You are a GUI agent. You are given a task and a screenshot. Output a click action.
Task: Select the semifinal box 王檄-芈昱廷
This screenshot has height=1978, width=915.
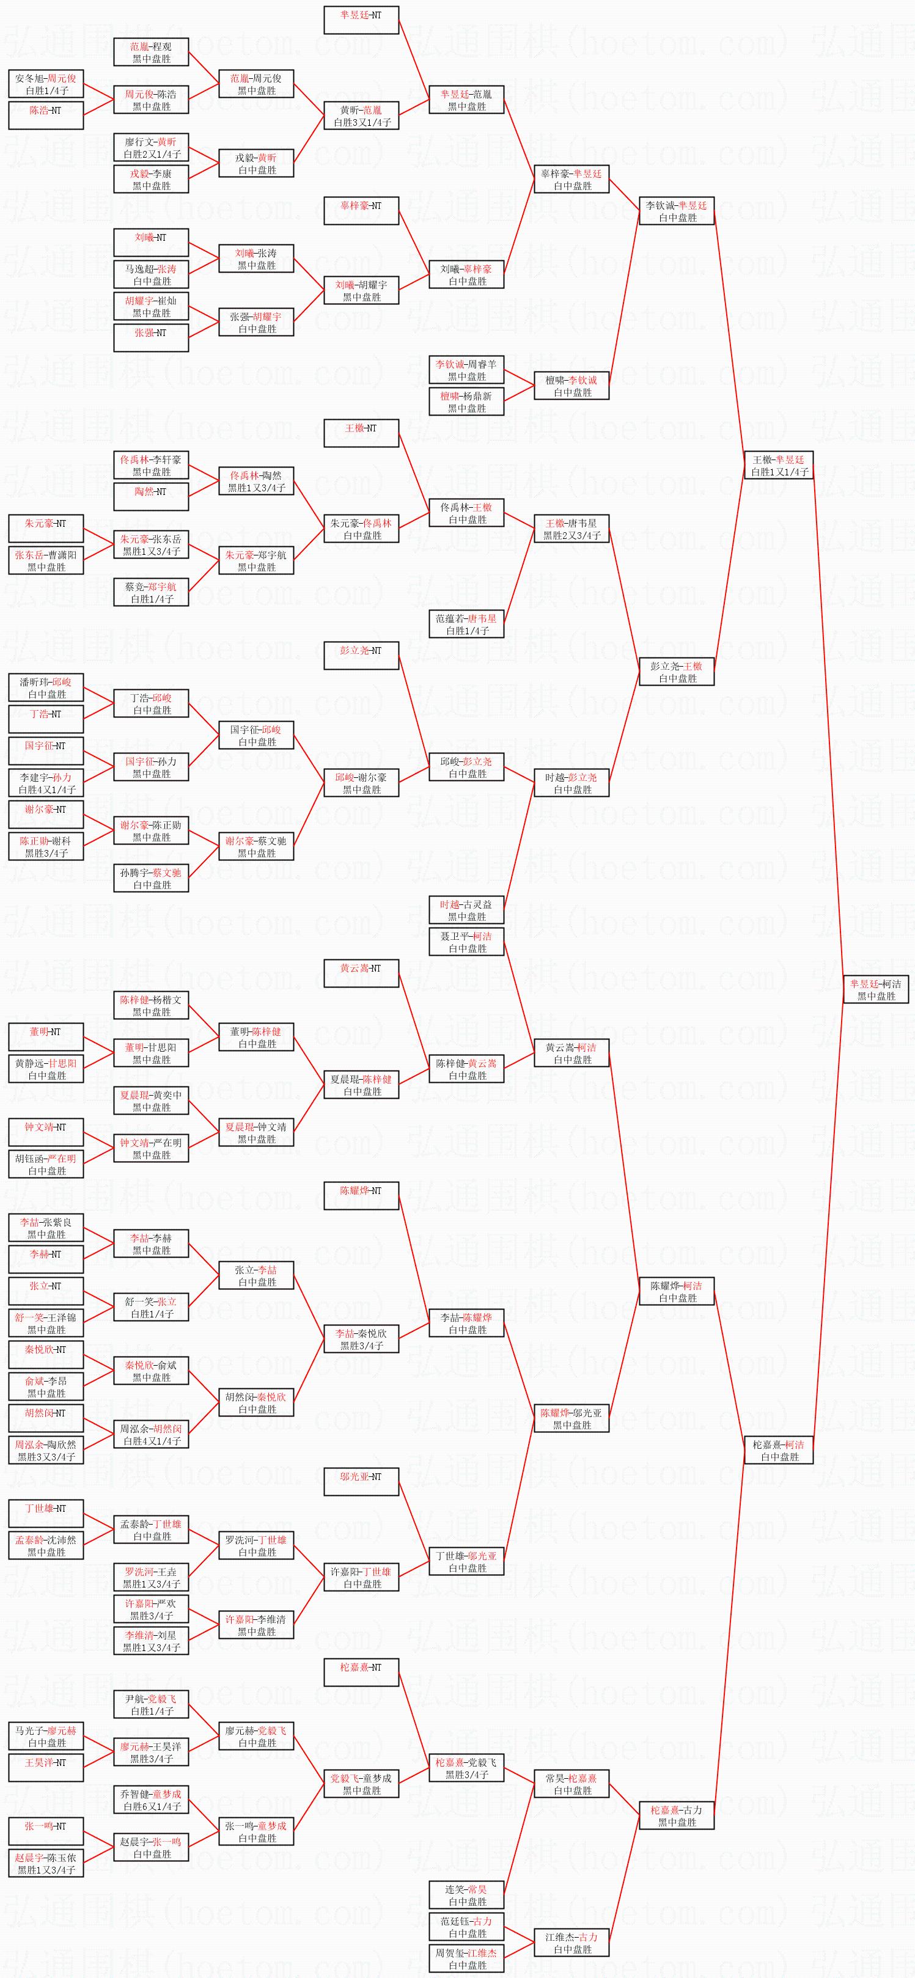point(779,465)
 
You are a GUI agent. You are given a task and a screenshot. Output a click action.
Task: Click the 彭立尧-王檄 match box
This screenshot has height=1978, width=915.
point(676,672)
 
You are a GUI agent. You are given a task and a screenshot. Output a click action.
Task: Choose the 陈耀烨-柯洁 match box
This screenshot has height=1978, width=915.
point(676,1291)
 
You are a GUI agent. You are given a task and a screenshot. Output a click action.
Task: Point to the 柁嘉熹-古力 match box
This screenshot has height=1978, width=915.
point(676,1815)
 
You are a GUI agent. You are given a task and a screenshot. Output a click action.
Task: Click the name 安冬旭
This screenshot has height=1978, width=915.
point(31,78)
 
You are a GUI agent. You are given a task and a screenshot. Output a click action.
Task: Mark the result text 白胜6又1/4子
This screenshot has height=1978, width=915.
point(152,1807)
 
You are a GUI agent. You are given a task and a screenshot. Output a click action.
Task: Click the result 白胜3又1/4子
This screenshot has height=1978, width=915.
point(362,122)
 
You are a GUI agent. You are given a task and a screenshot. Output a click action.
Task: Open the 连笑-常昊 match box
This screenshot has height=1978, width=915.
point(466,1895)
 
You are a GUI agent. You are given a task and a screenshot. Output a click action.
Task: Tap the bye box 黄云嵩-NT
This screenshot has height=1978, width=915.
point(361,973)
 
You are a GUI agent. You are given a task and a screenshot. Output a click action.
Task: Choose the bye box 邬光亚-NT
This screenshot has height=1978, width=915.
point(361,1482)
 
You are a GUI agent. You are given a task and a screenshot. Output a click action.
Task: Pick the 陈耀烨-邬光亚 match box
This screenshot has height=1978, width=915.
point(571,1418)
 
